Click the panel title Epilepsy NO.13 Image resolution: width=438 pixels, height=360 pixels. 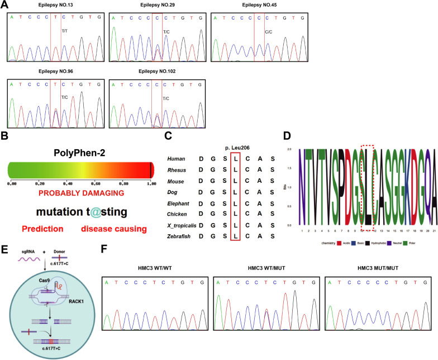54,6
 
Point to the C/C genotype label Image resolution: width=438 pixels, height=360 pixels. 269,32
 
